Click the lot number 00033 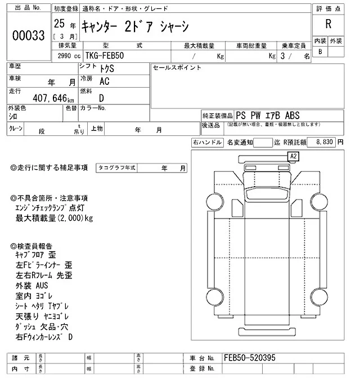(28, 35)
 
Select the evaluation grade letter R (328, 25)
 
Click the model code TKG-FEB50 (105, 57)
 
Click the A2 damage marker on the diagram (293, 156)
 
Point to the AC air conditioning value (103, 81)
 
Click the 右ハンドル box (207, 143)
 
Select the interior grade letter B (321, 52)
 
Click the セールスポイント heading (177, 68)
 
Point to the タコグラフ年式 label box (117, 168)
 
